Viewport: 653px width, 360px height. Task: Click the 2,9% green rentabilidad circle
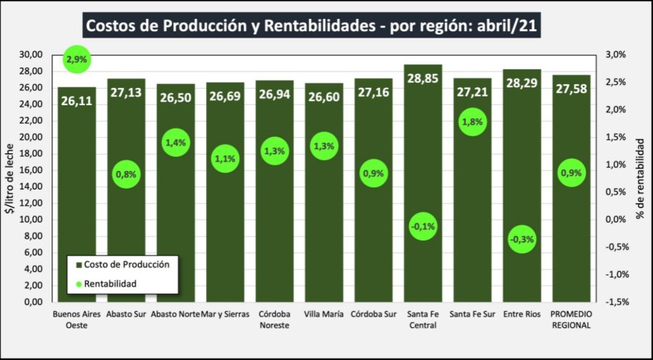point(76,60)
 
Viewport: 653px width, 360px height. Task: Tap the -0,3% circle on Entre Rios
point(522,240)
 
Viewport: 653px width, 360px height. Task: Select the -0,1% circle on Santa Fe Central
point(422,226)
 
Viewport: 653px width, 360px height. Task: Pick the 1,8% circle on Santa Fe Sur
point(472,123)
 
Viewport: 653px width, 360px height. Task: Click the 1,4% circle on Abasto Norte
point(176,143)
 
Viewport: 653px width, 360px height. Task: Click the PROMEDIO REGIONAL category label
point(571,319)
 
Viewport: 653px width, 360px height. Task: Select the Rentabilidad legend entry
point(110,283)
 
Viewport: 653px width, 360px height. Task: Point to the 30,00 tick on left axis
point(32,54)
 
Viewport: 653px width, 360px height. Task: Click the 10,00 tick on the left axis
point(32,219)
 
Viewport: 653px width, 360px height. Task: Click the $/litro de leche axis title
point(9,178)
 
